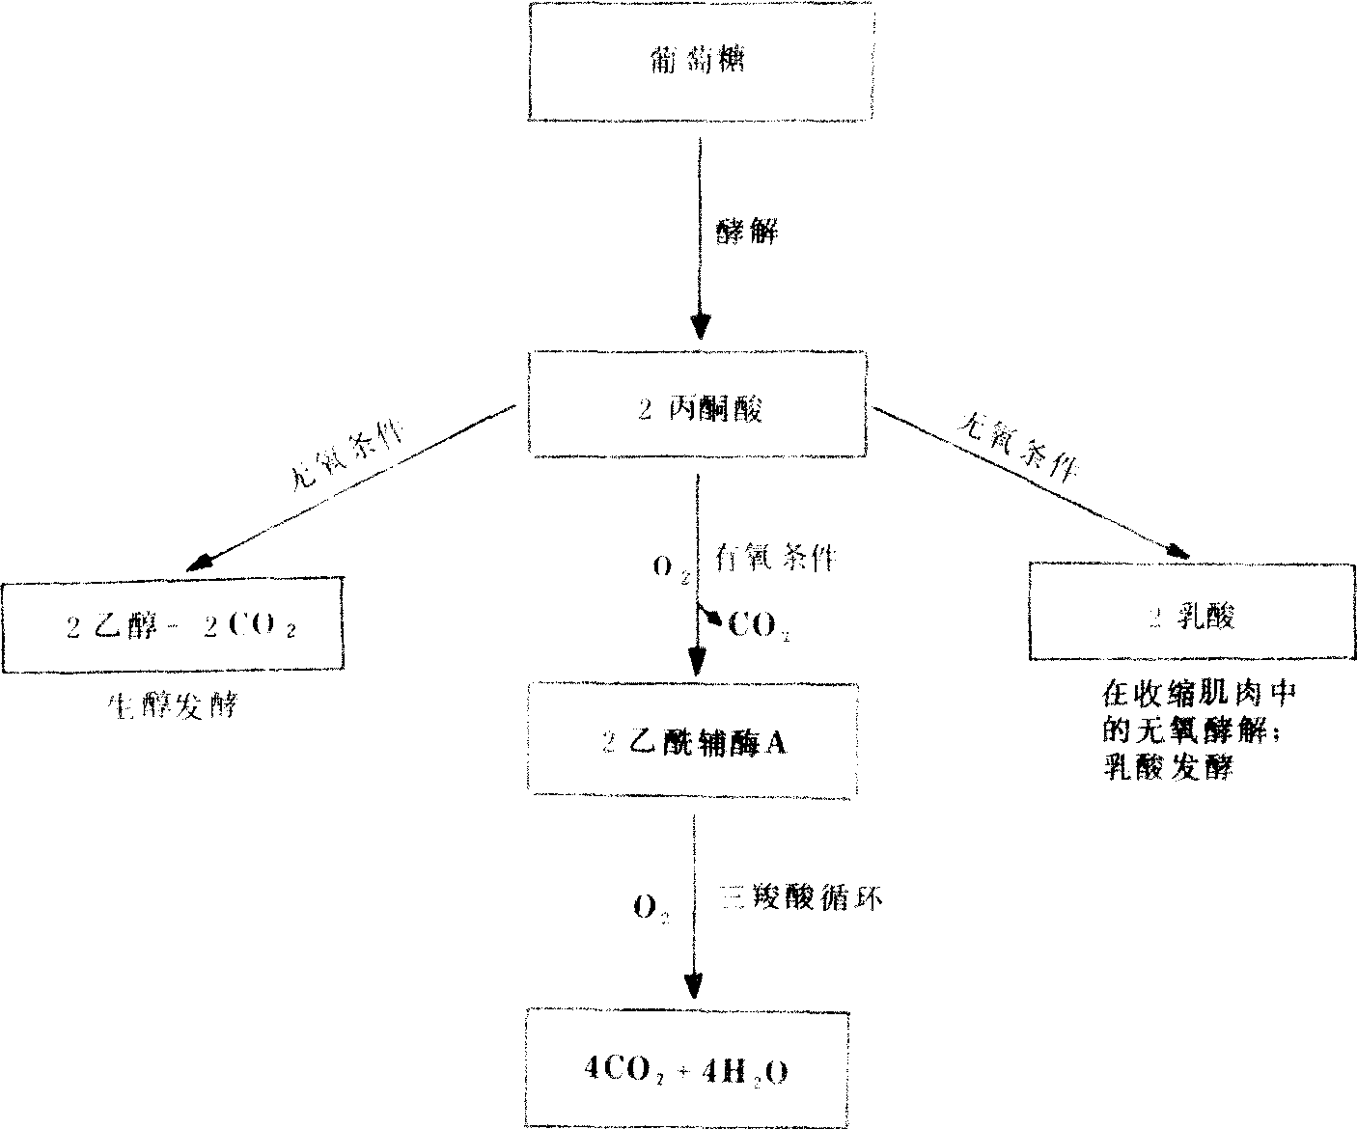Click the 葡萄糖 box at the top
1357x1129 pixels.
[x=700, y=61]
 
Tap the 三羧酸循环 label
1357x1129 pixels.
[x=802, y=899]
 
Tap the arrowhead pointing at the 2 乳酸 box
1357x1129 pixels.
[x=1176, y=550]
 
